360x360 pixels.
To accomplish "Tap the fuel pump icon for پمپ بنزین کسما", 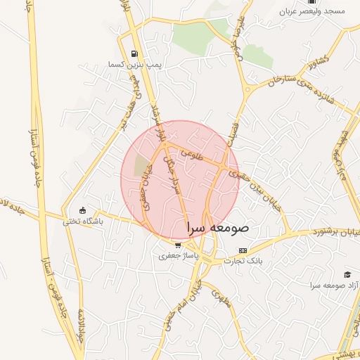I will click(134, 53).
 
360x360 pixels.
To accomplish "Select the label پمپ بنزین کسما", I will click(139, 64).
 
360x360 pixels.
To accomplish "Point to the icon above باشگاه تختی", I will click(83, 210).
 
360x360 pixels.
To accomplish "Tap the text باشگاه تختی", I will click(83, 221).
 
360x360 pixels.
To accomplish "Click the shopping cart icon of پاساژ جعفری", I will click(178, 245).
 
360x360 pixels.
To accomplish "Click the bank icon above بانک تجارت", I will click(243, 250).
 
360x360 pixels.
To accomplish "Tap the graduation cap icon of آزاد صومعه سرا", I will click(347, 274).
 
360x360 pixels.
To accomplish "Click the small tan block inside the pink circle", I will click(143, 164).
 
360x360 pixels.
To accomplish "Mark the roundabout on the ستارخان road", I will click(247, 89).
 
